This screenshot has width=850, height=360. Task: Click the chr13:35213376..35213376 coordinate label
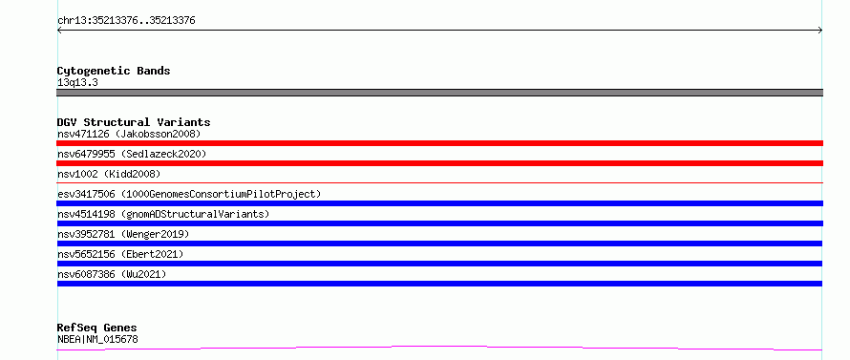point(126,21)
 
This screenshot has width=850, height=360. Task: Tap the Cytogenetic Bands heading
point(114,71)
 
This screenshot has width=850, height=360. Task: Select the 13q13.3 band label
point(77,83)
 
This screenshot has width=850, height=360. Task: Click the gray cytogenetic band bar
point(439,93)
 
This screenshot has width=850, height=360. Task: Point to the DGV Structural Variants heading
point(134,122)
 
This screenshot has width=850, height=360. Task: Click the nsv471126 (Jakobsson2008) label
point(129,134)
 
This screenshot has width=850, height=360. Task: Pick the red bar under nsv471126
point(439,143)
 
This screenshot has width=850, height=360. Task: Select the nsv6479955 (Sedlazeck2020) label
point(132,154)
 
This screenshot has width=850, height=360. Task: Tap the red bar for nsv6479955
point(439,163)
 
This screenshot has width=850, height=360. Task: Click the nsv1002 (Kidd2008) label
point(109,174)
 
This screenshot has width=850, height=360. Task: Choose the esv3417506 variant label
point(189,194)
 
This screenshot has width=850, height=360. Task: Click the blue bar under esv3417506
point(439,203)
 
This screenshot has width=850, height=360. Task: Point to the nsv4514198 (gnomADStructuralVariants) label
point(163,214)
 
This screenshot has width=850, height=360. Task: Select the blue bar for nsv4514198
point(439,223)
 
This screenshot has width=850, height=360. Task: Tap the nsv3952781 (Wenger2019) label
point(123,234)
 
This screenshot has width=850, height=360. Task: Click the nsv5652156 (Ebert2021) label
point(120,254)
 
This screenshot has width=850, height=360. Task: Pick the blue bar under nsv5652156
point(439,264)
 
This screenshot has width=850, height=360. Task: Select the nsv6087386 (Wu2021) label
point(112,274)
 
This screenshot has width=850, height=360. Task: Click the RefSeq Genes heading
point(97,328)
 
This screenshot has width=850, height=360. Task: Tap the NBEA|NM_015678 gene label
point(97,340)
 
